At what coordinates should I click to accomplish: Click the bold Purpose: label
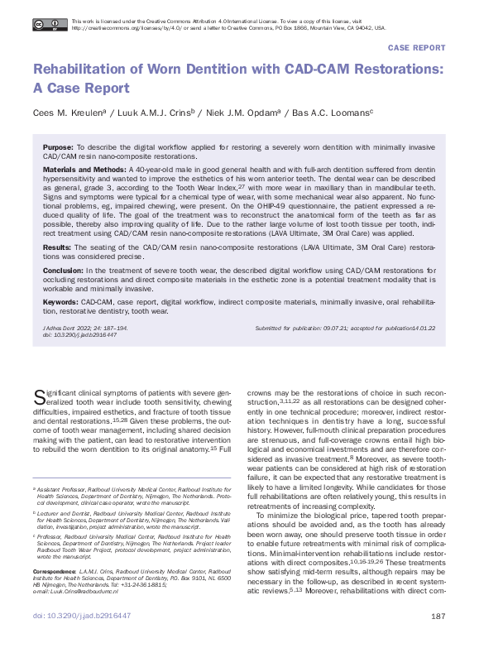pos(57,146)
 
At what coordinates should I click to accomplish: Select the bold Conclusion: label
pos(63,270)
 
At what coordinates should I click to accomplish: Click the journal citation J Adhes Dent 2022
pos(73,329)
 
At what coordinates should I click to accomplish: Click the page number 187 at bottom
pos(439,639)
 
